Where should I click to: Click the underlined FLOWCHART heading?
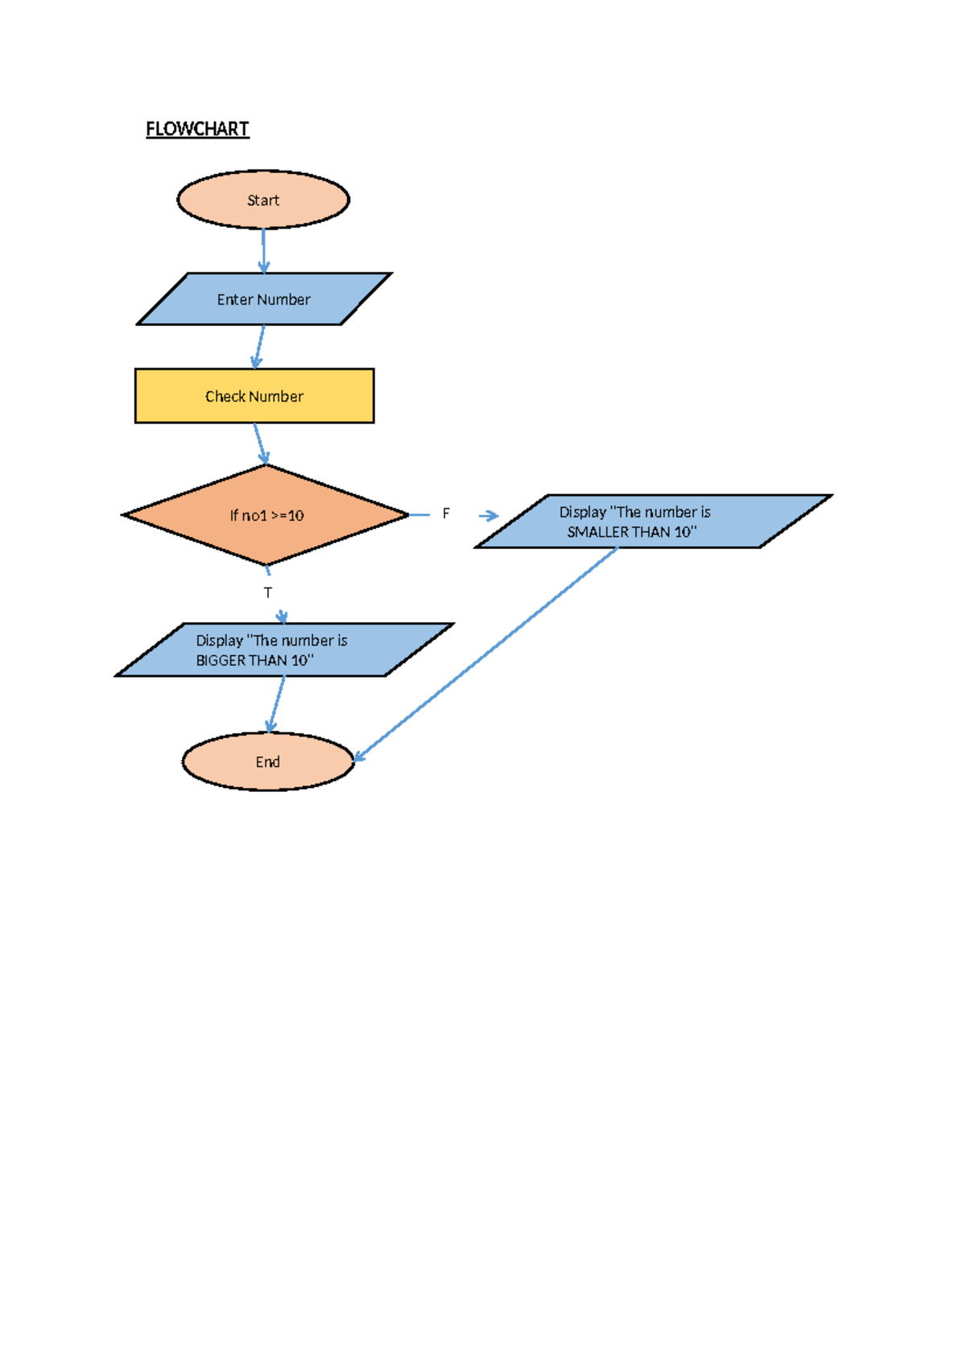pos(197,130)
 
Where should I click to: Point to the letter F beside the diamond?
pos(446,513)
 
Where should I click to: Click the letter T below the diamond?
pos(268,592)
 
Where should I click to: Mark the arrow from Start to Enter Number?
pos(263,249)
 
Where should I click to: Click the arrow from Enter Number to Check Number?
pos(259,346)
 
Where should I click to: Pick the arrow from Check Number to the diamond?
pos(259,443)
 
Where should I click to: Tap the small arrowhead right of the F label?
pos(489,516)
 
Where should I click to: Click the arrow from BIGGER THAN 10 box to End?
pos(277,703)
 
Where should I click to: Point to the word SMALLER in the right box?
pos(597,532)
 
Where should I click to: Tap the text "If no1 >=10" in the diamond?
pos(266,516)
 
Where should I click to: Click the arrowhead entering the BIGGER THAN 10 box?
pos(282,617)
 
